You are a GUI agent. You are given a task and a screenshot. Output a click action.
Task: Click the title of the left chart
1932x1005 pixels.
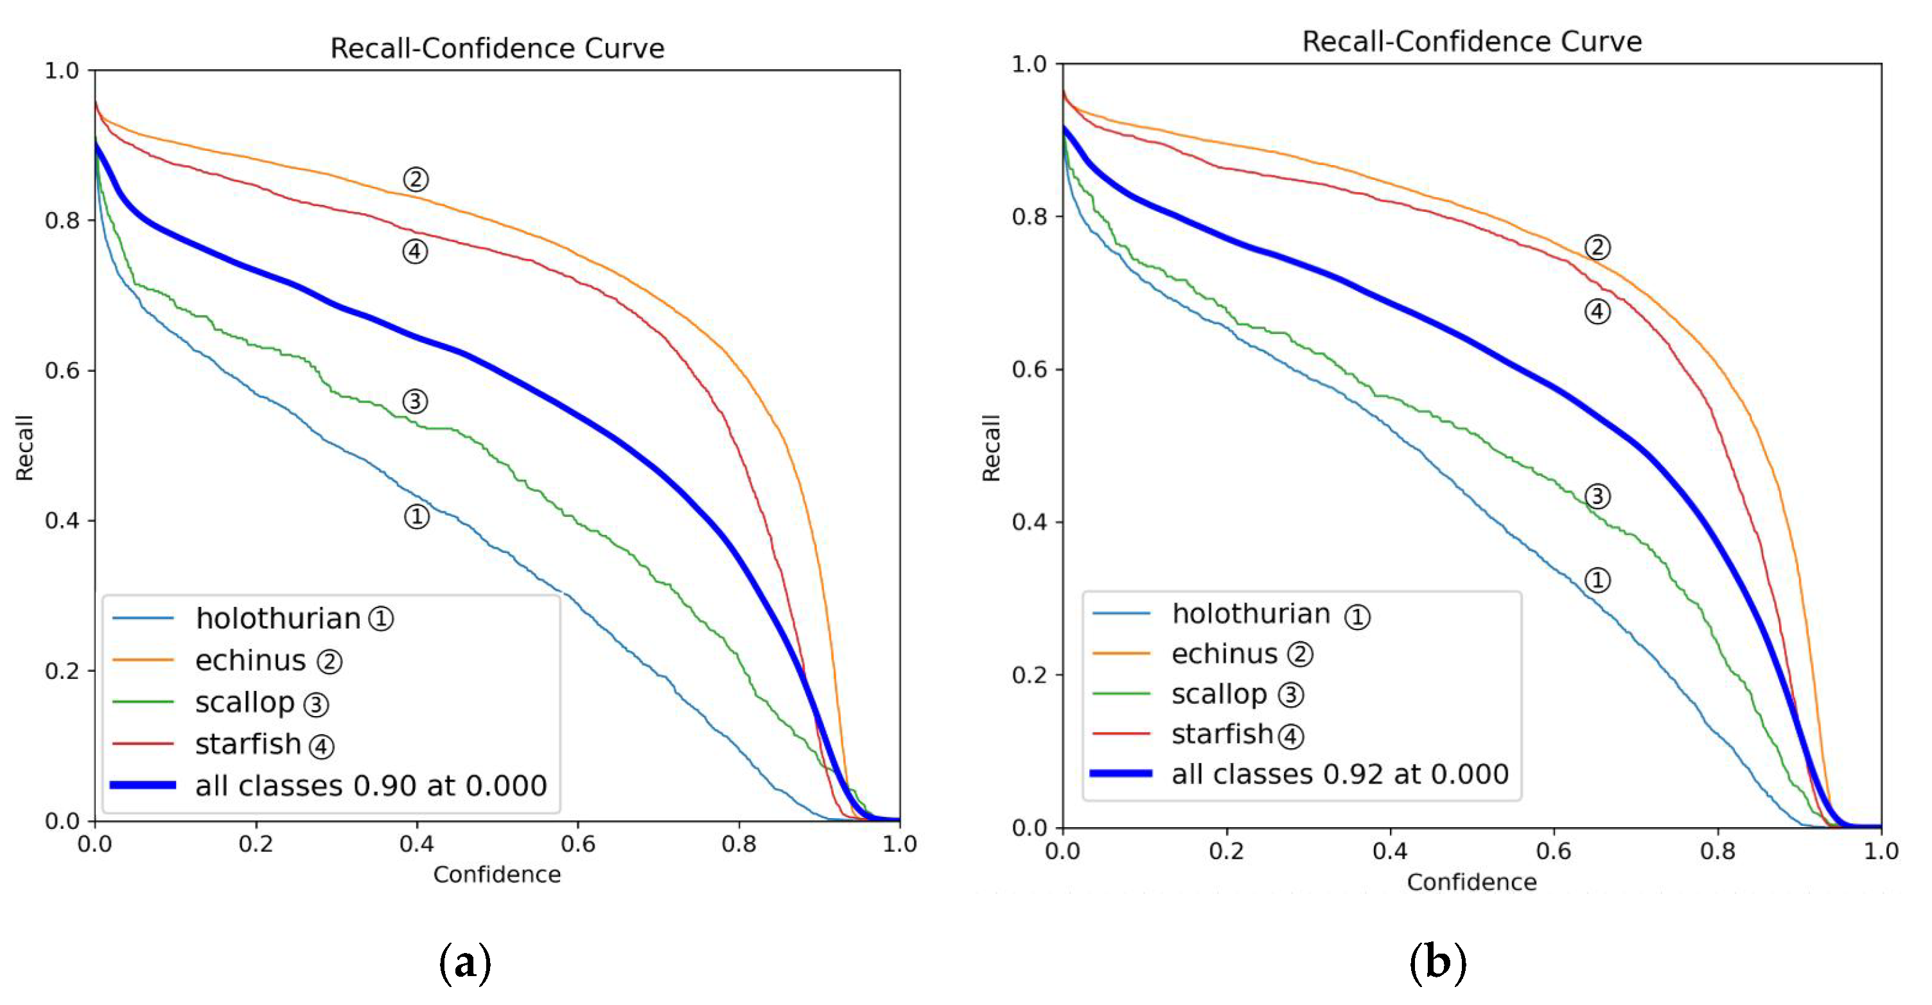tap(497, 49)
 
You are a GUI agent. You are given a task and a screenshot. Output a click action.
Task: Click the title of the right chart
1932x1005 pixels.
tap(1471, 42)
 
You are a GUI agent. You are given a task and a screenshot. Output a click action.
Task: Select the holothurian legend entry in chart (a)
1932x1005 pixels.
tap(277, 619)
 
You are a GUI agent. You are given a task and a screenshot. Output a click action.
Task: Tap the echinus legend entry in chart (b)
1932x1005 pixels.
tap(1224, 654)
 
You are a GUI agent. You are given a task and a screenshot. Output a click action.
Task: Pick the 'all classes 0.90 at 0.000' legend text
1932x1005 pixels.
tap(371, 786)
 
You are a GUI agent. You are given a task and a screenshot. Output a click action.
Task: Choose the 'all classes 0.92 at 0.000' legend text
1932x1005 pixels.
tap(1340, 774)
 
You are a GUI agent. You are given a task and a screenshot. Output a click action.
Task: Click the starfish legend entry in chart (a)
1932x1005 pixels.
tap(247, 745)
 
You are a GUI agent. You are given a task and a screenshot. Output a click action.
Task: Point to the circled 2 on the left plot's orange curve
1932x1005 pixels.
tap(416, 179)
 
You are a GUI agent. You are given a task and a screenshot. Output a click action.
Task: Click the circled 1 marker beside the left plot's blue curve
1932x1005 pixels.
tap(417, 517)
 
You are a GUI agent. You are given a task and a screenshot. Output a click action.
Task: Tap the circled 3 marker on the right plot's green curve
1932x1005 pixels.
tap(1597, 496)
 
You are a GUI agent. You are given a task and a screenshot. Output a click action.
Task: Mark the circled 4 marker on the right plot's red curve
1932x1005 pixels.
tap(1597, 312)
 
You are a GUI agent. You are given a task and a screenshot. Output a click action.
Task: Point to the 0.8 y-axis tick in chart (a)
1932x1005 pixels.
tap(62, 220)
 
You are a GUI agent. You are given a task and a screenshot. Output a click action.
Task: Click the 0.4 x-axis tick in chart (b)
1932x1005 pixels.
tap(1390, 852)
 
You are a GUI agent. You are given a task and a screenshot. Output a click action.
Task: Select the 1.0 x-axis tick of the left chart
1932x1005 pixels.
tap(899, 844)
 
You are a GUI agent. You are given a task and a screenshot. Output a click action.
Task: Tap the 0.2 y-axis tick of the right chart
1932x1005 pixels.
tap(1029, 675)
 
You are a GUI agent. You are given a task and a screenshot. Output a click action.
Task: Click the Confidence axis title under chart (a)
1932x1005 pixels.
tap(496, 875)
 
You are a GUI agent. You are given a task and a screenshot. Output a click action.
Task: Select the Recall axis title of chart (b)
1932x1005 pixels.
tap(992, 448)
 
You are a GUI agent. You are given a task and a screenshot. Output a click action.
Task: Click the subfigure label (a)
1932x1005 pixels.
tap(465, 962)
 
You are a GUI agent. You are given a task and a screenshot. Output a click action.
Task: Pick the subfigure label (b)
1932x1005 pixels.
tap(1437, 962)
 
